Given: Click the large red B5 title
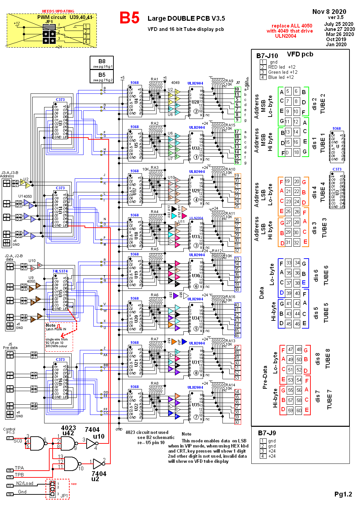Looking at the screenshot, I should coord(129,18).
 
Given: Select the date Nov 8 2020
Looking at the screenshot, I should coord(329,12).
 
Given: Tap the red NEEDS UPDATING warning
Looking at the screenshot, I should coord(58,11).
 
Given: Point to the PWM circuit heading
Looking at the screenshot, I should coord(52,17).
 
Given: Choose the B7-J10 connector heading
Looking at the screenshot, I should coord(267,56).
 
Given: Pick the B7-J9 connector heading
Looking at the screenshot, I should coord(267,433).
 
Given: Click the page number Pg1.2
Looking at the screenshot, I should coord(343,494).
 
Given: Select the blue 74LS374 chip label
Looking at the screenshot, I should coord(60,271).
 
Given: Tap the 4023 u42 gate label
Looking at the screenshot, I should coord(68,431).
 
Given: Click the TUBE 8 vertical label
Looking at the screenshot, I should coord(328,358).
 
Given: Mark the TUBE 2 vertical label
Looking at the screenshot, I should coord(323,104).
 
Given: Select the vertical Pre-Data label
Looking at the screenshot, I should coord(265,377).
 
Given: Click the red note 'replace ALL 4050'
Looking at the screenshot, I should coord(292,26).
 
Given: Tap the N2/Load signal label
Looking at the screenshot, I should coord(25,483).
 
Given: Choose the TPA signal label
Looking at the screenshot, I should coord(19,468).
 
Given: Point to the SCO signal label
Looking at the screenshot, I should coord(18,441).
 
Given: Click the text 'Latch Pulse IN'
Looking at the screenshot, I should coord(56,329).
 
